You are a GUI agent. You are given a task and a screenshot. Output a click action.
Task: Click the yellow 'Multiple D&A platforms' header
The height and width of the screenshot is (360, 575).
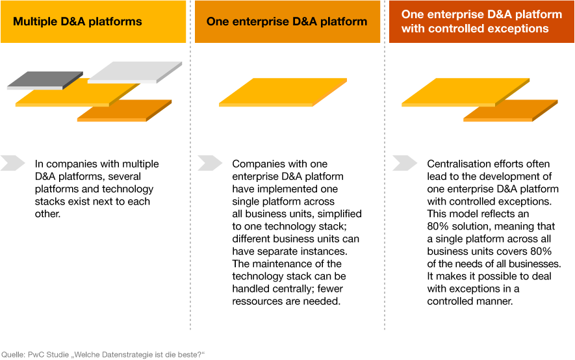point(93,21)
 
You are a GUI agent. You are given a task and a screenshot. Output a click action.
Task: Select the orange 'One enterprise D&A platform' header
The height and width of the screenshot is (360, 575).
point(287,21)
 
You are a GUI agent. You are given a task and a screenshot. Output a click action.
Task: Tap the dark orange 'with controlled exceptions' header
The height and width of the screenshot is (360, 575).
point(481,21)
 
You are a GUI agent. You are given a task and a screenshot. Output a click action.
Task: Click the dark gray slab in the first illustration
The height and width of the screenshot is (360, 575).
point(45,81)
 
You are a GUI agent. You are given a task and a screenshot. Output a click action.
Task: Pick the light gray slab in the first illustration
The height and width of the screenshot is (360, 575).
point(135,72)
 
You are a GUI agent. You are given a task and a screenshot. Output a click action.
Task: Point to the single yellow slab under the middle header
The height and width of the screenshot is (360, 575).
point(283,92)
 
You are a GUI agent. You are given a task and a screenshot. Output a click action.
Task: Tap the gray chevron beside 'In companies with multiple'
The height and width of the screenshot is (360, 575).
point(13,163)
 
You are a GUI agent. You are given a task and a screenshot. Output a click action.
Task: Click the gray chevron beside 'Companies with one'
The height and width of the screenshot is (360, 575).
point(210,163)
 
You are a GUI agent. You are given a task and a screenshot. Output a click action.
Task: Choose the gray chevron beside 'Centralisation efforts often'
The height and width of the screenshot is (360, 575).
point(405,163)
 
